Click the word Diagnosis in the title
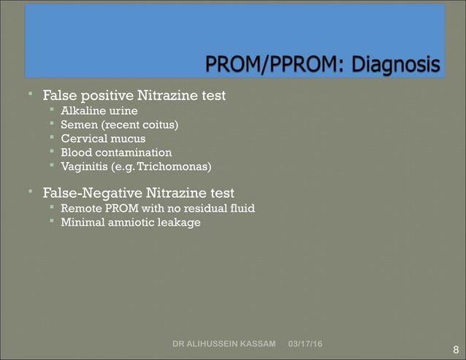[x=399, y=66]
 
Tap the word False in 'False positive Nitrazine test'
[x=59, y=96]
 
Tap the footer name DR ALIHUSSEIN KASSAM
[x=224, y=343]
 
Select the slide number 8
[x=456, y=350]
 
